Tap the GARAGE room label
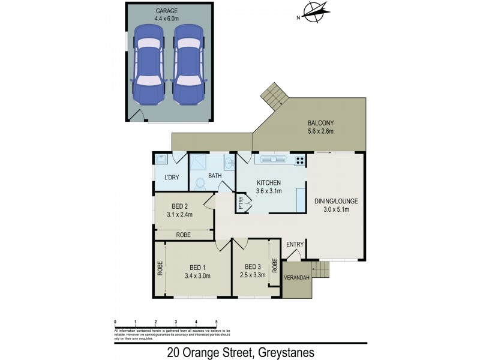click(x=166, y=11)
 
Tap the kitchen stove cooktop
click(x=299, y=160)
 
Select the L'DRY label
click(x=172, y=178)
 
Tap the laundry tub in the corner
click(x=160, y=159)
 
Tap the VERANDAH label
click(x=297, y=278)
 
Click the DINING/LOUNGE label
click(x=331, y=201)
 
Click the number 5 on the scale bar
click(x=216, y=322)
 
